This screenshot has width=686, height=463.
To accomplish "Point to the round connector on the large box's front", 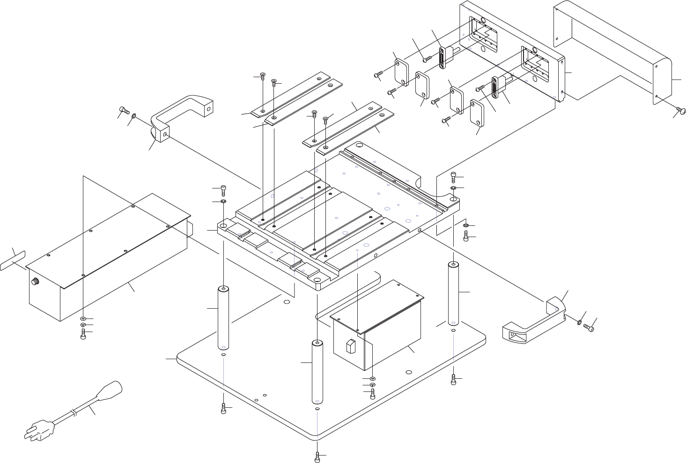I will click(34, 282).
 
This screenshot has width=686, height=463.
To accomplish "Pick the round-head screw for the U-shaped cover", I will click(681, 110).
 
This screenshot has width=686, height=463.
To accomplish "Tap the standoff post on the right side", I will click(453, 294).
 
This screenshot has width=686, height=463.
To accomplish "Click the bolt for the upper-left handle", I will click(124, 110).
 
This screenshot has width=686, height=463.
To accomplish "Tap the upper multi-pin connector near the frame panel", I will click(442, 58).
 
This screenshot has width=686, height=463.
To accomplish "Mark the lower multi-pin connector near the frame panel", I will click(494, 87).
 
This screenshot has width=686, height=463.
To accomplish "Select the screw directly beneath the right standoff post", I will click(453, 380).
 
